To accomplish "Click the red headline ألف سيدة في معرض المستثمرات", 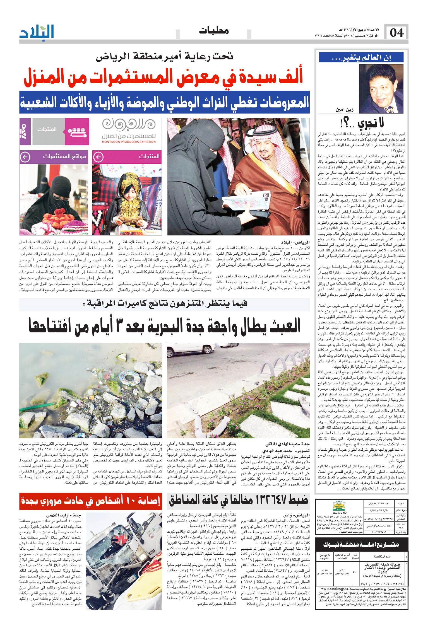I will [x=165, y=79].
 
